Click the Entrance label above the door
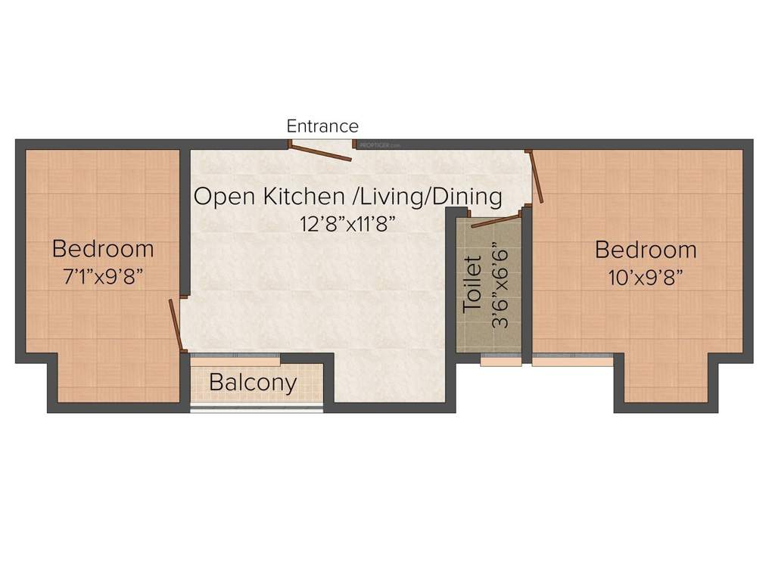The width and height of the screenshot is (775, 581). point(322,126)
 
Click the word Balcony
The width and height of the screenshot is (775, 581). point(253,383)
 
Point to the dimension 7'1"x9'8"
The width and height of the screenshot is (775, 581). point(103,276)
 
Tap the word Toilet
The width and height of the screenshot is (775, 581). point(473,284)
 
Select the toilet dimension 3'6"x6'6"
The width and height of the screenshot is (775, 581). point(500,284)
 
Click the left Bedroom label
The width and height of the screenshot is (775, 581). point(103,248)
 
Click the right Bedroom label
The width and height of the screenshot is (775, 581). point(646,249)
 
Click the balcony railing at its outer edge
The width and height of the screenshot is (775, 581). point(257,409)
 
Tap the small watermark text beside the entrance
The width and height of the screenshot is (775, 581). point(380,144)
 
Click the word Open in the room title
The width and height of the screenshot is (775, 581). point(225,197)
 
